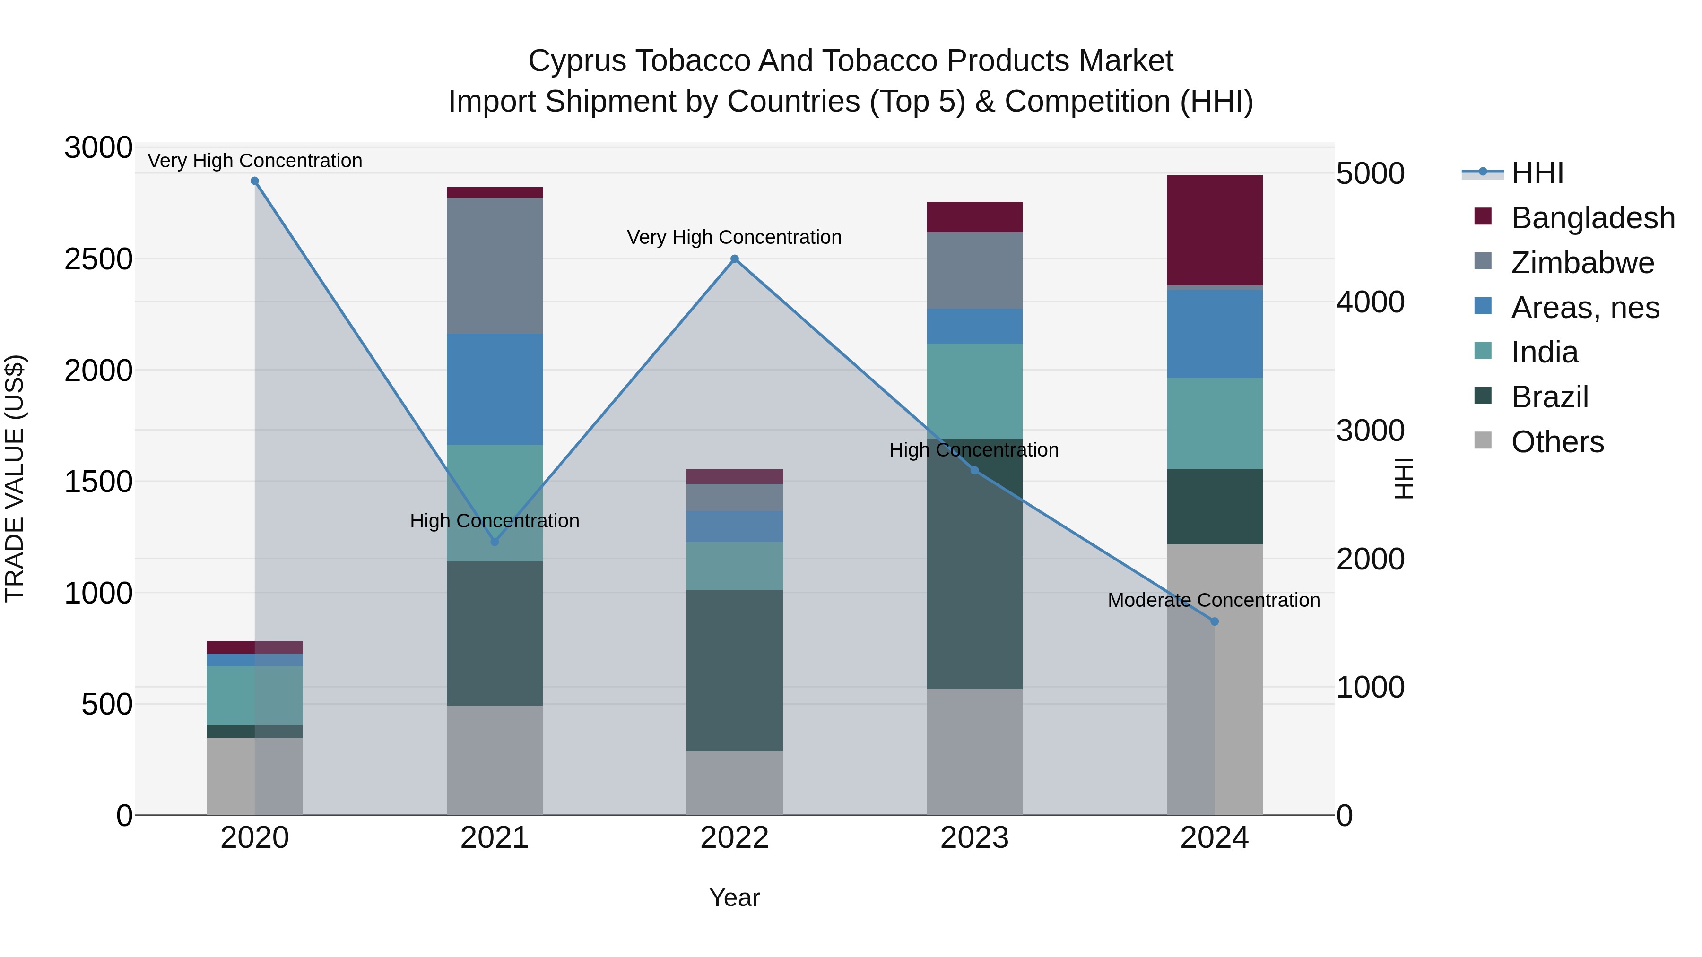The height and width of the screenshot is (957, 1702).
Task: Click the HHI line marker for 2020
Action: click(254, 181)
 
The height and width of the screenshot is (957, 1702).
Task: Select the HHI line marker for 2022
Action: click(734, 259)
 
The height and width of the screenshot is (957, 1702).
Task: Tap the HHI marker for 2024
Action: click(1214, 621)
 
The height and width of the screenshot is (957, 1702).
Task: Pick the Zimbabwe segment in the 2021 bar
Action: click(494, 266)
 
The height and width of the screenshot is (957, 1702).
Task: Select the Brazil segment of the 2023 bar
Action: click(974, 563)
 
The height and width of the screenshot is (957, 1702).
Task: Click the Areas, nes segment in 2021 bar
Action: click(494, 389)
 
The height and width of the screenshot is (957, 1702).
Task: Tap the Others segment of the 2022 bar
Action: click(734, 783)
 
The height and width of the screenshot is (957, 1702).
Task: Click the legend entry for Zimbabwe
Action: click(1582, 263)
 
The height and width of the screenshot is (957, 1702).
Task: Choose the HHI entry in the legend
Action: click(1537, 173)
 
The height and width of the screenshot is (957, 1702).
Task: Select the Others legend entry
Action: click(1557, 442)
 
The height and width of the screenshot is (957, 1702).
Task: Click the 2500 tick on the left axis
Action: click(98, 259)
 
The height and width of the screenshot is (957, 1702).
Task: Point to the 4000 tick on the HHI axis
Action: click(1370, 302)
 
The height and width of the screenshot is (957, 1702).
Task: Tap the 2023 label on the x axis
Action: click(974, 838)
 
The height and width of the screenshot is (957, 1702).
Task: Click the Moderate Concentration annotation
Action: click(1213, 600)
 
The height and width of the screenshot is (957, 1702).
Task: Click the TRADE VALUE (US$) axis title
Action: click(15, 478)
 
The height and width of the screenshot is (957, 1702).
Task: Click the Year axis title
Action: click(734, 897)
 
